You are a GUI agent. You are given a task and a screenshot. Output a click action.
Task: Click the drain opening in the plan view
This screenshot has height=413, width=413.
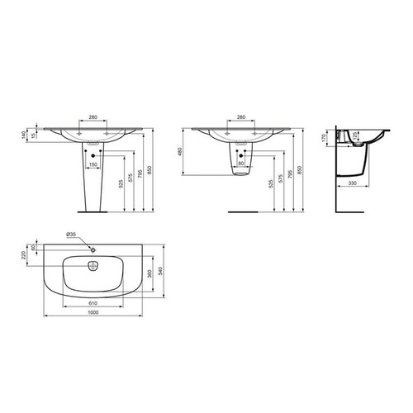[92, 265]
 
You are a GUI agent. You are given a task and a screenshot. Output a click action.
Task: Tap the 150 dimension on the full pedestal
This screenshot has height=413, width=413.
[93, 164]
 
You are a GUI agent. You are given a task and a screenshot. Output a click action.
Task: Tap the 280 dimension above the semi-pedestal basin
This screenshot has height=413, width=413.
[239, 117]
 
